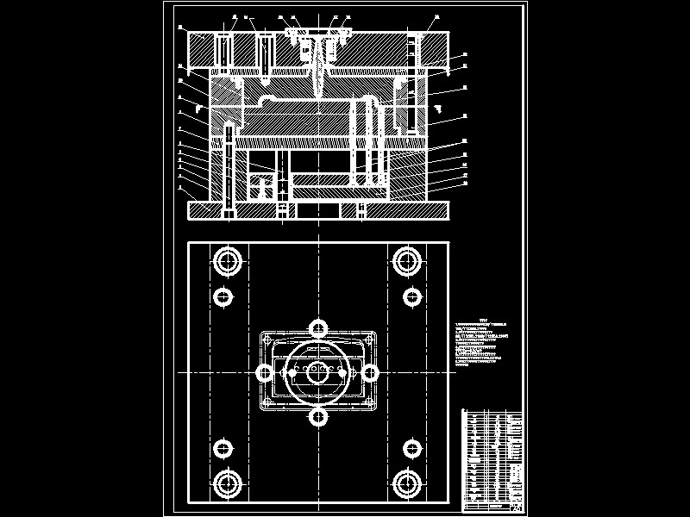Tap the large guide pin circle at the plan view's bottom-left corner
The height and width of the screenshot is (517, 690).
[x=228, y=483]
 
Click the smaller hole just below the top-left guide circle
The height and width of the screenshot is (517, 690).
[x=223, y=297]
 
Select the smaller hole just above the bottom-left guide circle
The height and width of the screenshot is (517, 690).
[x=223, y=448]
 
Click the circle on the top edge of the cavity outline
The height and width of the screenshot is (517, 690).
[x=319, y=327]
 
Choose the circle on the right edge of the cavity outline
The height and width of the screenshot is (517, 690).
[x=370, y=372]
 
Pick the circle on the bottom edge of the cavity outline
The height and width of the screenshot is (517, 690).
[x=319, y=418]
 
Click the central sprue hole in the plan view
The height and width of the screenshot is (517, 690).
[x=319, y=372]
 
